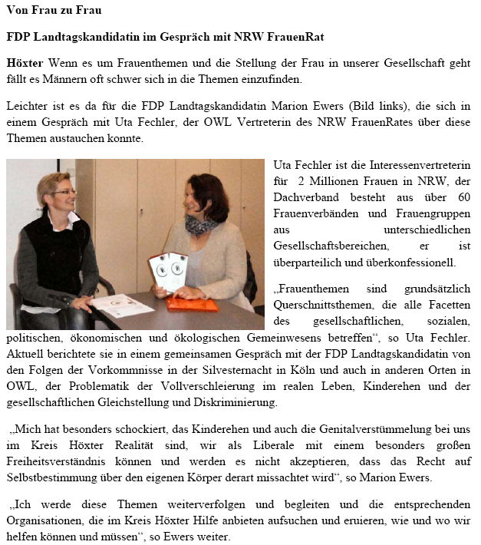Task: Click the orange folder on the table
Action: pyautogui.click(x=192, y=305)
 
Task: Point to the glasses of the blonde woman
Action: pyautogui.click(x=64, y=191)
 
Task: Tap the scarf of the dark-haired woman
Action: pyautogui.click(x=201, y=226)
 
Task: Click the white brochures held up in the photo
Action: pyautogui.click(x=167, y=270)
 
